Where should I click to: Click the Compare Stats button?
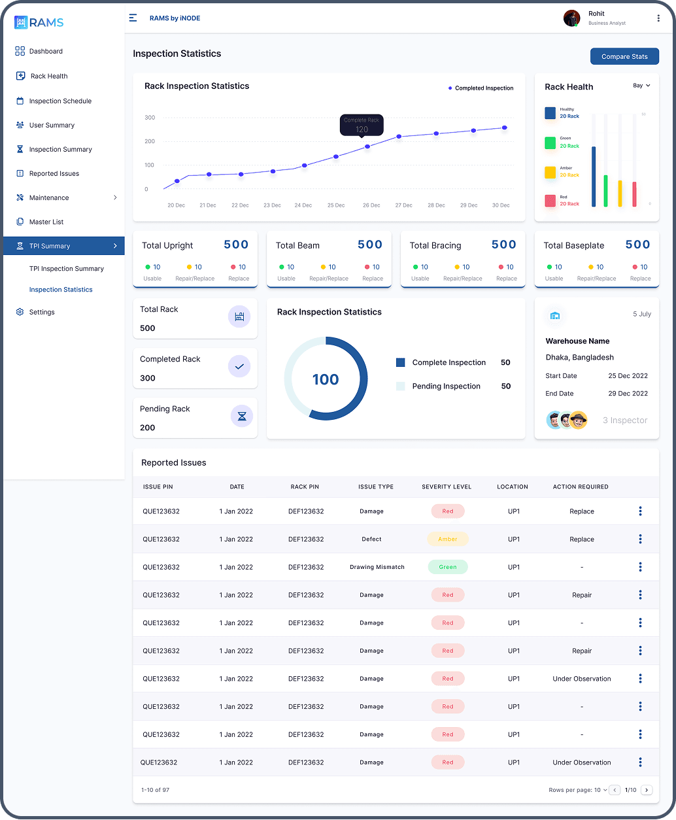point(624,57)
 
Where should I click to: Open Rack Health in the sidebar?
point(49,77)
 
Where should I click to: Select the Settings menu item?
point(42,313)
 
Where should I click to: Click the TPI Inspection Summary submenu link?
point(67,269)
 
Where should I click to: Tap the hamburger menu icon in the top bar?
point(133,18)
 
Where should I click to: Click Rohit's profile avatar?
point(571,18)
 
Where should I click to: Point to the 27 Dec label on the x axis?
point(403,205)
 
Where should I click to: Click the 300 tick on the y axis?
point(150,118)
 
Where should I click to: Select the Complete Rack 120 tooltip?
point(362,125)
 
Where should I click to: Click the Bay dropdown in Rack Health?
point(641,86)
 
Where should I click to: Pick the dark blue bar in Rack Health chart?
point(594,177)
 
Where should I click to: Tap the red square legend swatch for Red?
point(550,200)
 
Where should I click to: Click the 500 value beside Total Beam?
point(369,245)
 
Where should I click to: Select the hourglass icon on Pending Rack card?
point(242,416)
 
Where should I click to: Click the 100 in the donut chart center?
point(326,380)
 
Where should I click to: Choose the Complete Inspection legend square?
point(401,362)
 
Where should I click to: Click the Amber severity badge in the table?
point(448,539)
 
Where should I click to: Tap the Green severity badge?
point(448,567)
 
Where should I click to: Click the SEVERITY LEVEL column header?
point(447,487)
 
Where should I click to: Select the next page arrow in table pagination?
point(647,790)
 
